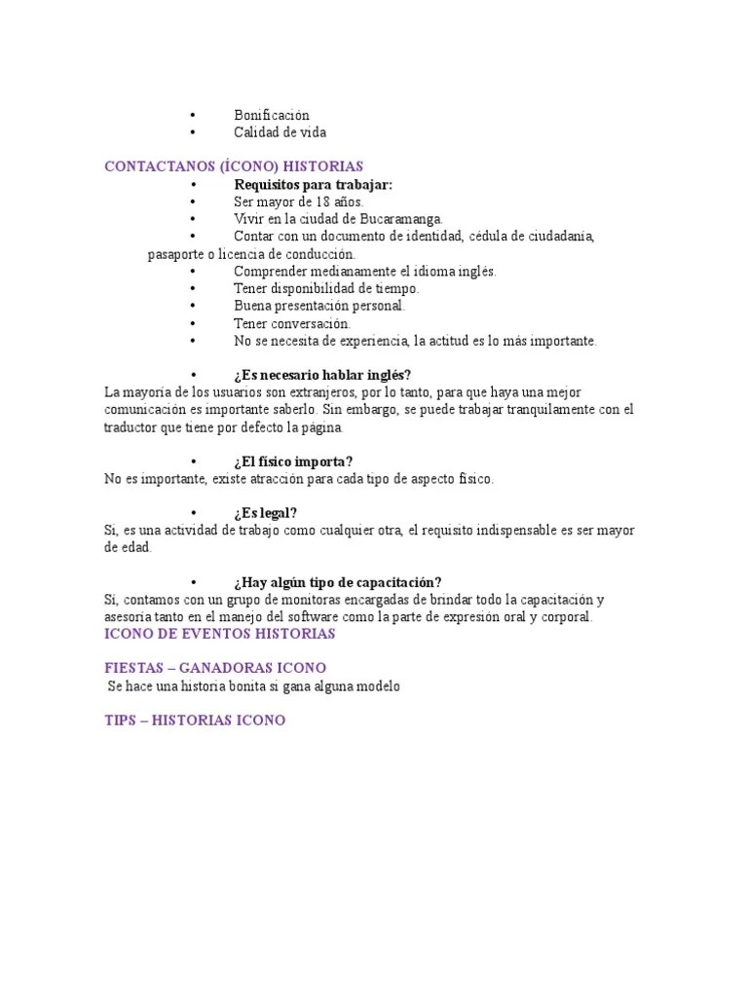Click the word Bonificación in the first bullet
[271, 115]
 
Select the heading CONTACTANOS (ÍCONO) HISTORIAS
[234, 166]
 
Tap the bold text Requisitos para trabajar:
[313, 184]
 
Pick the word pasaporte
[176, 254]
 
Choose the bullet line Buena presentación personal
[318, 306]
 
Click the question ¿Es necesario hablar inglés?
[322, 375]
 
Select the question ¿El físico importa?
[293, 462]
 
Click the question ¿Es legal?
[265, 513]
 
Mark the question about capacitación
[337, 582]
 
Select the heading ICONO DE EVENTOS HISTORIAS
[219, 634]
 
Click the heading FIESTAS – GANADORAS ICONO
[214, 668]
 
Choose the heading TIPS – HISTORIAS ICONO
[195, 720]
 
